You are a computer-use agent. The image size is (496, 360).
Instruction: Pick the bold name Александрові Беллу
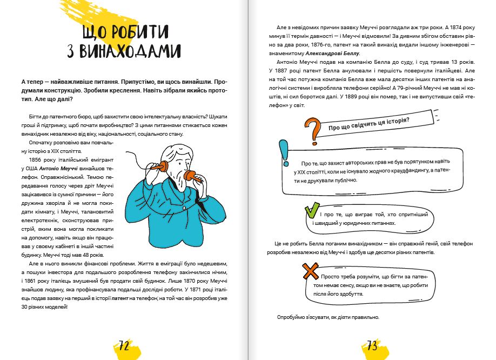332,54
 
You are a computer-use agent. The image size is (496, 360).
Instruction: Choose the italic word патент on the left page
122,298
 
